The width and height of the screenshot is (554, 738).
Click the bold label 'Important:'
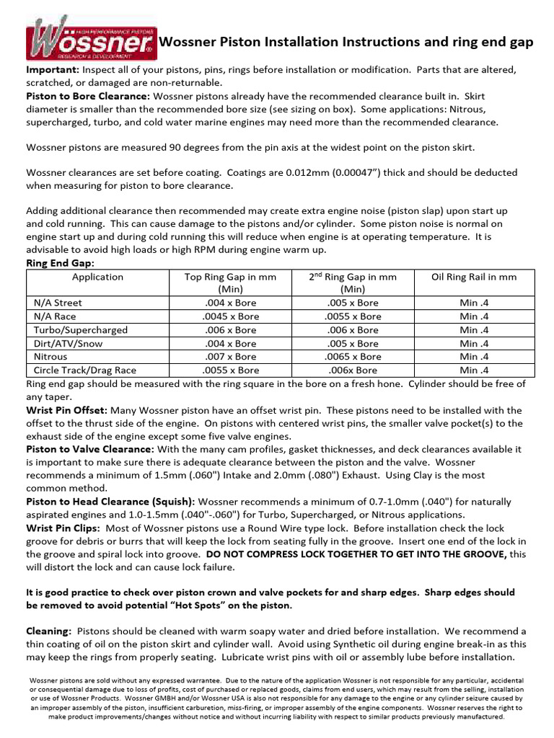pos(53,70)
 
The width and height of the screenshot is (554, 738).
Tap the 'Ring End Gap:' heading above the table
pos(61,264)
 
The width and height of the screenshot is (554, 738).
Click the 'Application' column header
pos(97,277)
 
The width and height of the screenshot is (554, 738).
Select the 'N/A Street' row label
pos(58,303)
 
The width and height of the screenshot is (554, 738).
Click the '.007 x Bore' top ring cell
pos(230,357)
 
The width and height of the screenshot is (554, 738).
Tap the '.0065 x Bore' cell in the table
pos(353,357)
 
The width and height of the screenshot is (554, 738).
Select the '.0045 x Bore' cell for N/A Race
pos(230,316)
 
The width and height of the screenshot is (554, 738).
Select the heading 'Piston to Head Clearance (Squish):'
pos(110,501)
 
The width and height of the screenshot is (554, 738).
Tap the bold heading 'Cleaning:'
pos(49,631)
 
